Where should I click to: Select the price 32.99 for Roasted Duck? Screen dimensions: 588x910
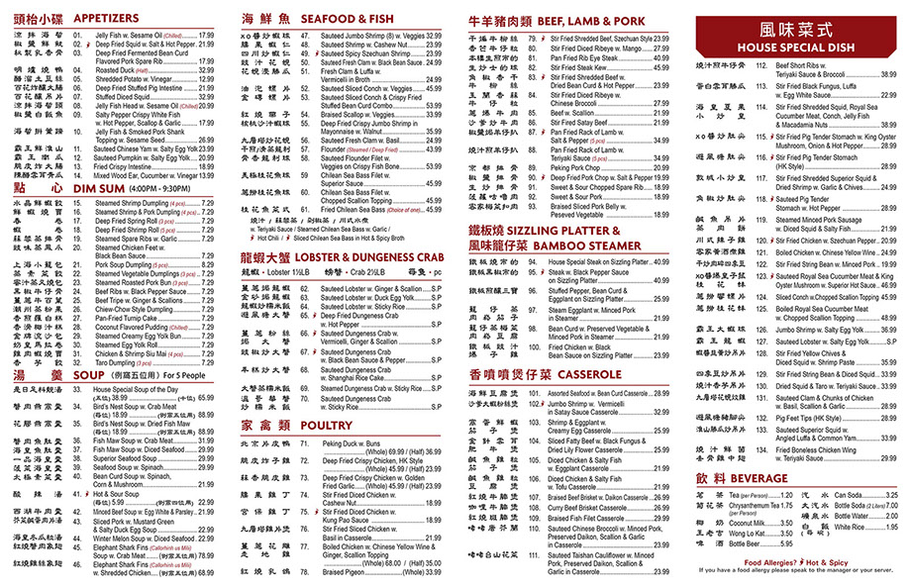tap(206, 71)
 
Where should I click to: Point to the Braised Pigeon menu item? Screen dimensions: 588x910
tap(348, 570)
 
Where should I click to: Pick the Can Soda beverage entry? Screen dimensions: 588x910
tap(849, 494)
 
